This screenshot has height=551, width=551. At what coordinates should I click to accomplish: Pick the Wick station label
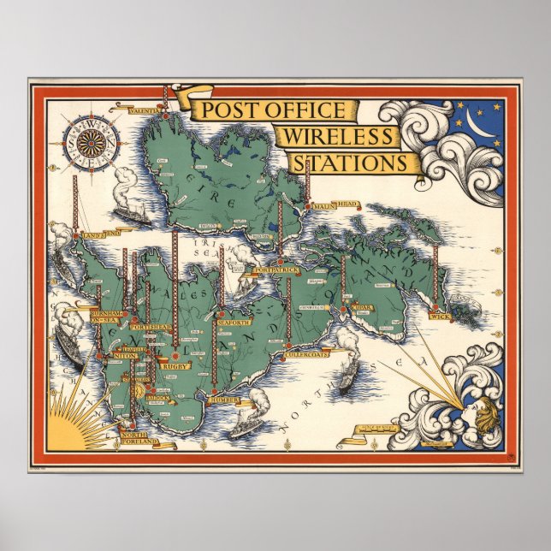[440, 317]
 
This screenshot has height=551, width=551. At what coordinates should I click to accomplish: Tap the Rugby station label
[175, 365]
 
